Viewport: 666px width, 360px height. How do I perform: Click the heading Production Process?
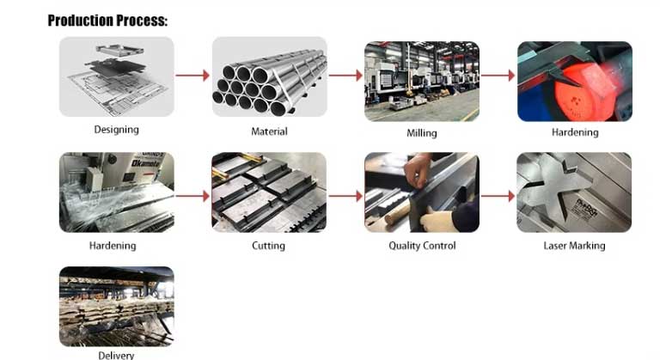tap(107, 21)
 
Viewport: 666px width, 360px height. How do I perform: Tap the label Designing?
tap(116, 130)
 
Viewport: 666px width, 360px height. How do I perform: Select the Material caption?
tap(269, 131)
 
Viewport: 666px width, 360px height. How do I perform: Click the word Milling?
tap(422, 133)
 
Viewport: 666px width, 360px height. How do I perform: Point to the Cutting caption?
tap(268, 246)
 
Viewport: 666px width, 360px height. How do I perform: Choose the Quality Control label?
tap(422, 246)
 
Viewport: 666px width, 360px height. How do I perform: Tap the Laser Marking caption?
tap(574, 246)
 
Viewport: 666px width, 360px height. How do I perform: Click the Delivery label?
tap(116, 356)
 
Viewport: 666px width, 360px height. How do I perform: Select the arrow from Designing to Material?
tap(192, 76)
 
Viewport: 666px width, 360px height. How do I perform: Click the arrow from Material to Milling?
tap(345, 76)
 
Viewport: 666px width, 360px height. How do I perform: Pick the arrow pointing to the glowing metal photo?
tap(498, 76)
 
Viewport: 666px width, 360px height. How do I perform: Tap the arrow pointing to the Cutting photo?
tap(192, 196)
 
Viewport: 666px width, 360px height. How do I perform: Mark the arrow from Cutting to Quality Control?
tap(345, 196)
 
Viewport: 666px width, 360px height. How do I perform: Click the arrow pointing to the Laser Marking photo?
tap(498, 196)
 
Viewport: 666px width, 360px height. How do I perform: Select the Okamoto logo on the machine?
tap(146, 163)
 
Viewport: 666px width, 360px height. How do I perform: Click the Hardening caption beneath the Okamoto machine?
tap(113, 246)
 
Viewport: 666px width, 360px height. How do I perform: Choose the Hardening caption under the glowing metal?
tap(575, 132)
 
